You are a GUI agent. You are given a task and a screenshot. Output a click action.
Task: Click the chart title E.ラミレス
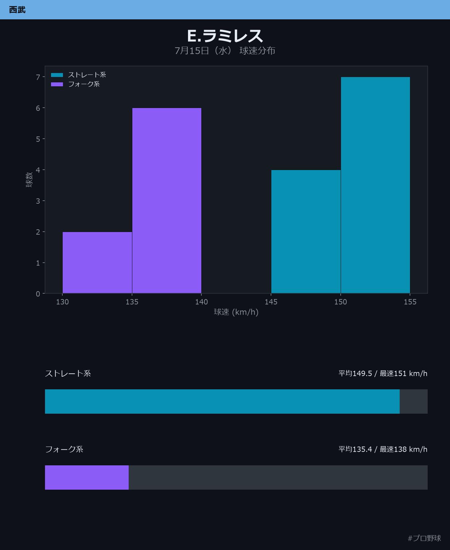pos(225,36)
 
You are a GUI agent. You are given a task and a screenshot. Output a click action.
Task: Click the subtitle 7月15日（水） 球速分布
pos(225,51)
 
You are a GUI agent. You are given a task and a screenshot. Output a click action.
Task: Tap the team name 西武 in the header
pos(17,10)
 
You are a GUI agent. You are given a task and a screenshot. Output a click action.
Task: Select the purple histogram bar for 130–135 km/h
pos(97,263)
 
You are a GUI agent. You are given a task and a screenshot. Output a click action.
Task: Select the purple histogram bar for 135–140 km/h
pos(167,201)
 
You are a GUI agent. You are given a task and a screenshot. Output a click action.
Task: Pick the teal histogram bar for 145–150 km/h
pos(306,232)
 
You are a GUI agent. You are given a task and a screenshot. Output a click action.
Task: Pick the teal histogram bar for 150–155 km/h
pos(375,185)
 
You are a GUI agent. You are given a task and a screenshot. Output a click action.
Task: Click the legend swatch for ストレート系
pos(57,75)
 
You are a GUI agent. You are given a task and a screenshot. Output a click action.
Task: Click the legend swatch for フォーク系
pos(57,84)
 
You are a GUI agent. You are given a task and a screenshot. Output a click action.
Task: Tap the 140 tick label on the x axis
pos(201,302)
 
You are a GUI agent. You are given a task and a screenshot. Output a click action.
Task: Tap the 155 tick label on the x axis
pos(410,302)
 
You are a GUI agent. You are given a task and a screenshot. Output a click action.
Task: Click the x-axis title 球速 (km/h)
pos(236,312)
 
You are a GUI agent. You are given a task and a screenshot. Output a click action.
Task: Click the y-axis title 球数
pos(29,180)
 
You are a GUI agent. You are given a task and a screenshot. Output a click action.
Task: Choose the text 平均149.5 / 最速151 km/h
pos(383,373)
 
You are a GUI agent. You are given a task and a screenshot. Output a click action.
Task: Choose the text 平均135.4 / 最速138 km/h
pos(383,449)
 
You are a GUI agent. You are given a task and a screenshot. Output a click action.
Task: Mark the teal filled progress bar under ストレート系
pos(222,401)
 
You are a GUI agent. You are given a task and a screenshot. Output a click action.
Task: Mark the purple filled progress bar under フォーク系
pos(87,477)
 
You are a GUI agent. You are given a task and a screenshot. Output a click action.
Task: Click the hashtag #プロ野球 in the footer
pos(424,538)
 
